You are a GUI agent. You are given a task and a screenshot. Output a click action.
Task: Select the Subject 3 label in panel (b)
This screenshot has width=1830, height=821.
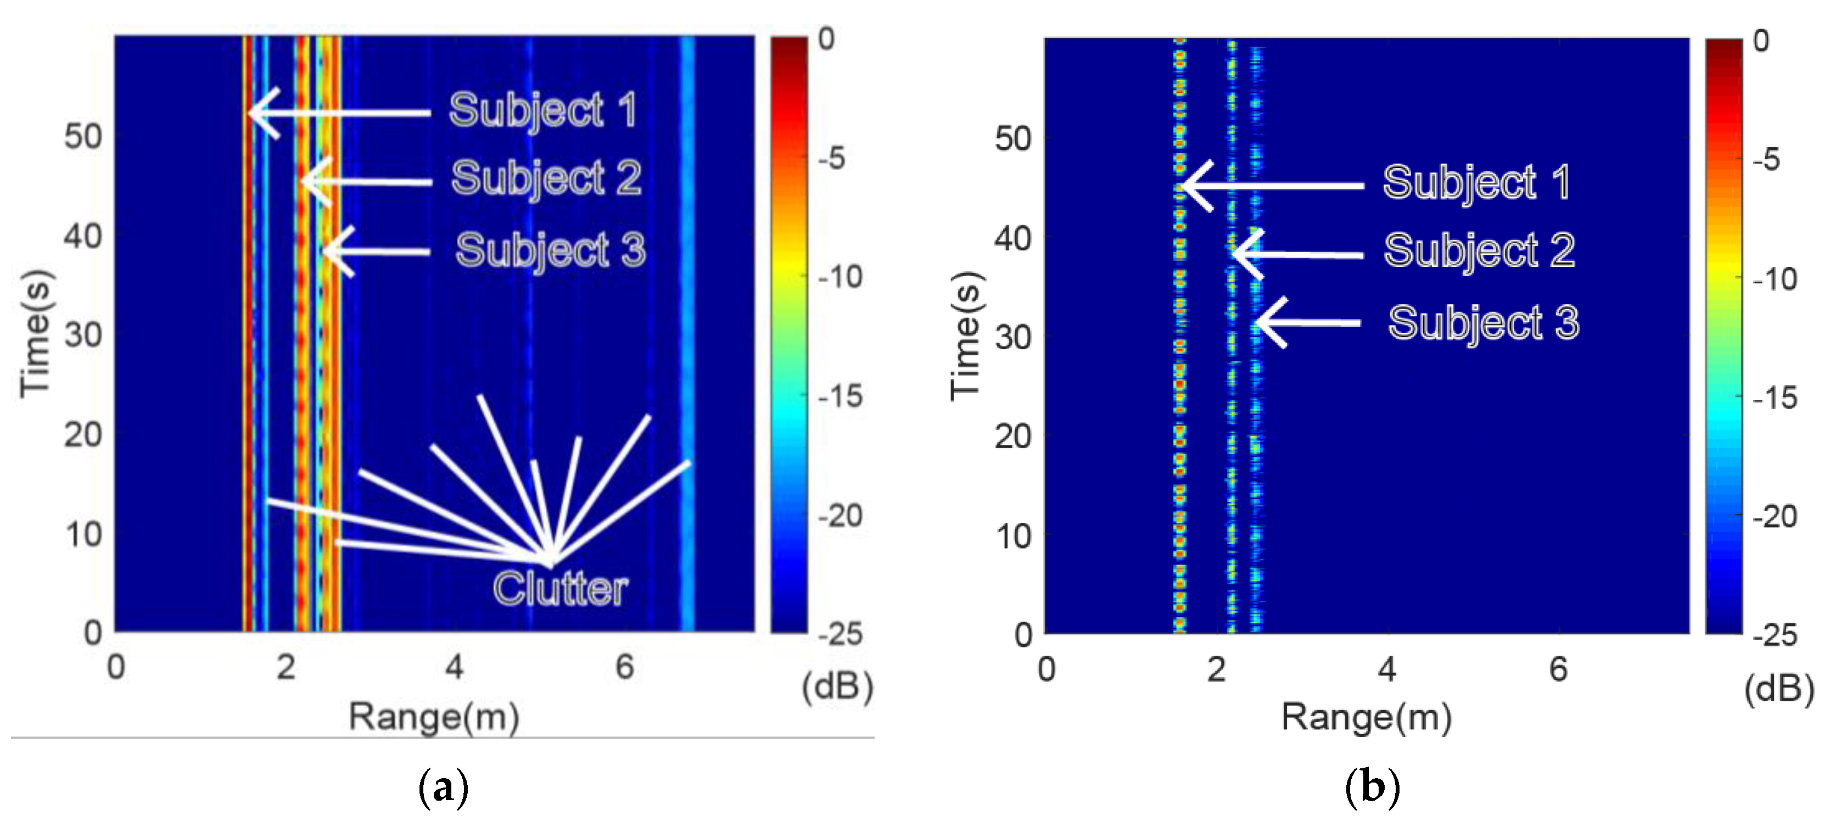click(1484, 323)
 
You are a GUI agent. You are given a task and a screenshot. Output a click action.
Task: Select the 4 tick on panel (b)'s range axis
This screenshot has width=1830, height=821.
click(1387, 669)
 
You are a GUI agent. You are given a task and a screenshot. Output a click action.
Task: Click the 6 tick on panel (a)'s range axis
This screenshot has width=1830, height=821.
click(624, 667)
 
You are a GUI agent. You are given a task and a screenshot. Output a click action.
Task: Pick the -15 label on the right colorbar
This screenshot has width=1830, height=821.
click(1775, 398)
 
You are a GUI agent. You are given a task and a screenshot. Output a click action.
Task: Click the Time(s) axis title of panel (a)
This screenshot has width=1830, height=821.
click(36, 334)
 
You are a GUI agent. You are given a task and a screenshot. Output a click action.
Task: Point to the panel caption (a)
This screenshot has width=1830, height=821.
click(443, 788)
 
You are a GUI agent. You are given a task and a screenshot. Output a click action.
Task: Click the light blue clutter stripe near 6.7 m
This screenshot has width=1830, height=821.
click(686, 334)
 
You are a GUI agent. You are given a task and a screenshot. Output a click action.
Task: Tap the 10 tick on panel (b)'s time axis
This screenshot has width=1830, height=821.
click(1013, 536)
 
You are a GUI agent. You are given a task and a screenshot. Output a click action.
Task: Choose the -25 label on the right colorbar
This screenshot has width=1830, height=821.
click(1775, 635)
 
